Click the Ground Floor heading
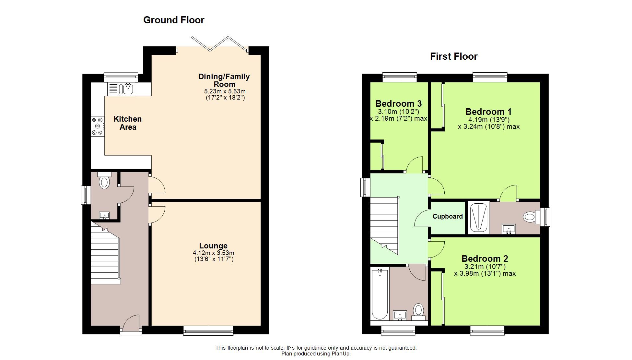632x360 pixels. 174,20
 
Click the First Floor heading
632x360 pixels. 453,56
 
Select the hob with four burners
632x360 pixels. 98,126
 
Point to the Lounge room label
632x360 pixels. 213,246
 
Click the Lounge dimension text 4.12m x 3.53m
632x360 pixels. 213,253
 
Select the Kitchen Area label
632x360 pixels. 128,123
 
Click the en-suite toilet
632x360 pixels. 529,217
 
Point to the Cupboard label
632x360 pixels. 447,216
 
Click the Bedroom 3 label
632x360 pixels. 398,104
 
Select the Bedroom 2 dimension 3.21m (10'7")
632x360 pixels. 485,267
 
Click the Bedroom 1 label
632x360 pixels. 488,112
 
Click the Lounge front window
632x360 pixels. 208,330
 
